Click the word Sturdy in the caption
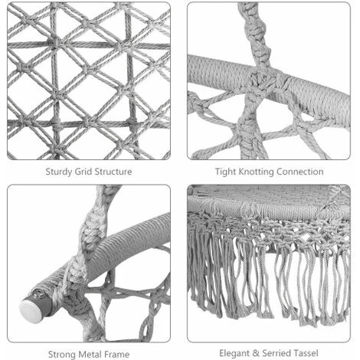[x=59, y=172]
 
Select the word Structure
[x=113, y=172]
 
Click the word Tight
[x=226, y=172]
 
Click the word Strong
[x=62, y=355]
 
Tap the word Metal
[x=90, y=354]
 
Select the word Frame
[x=117, y=354]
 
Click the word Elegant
[x=234, y=353]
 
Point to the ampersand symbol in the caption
[x=256, y=353]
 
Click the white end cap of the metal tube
[x=29, y=312]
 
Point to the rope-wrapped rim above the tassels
[x=268, y=205]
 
